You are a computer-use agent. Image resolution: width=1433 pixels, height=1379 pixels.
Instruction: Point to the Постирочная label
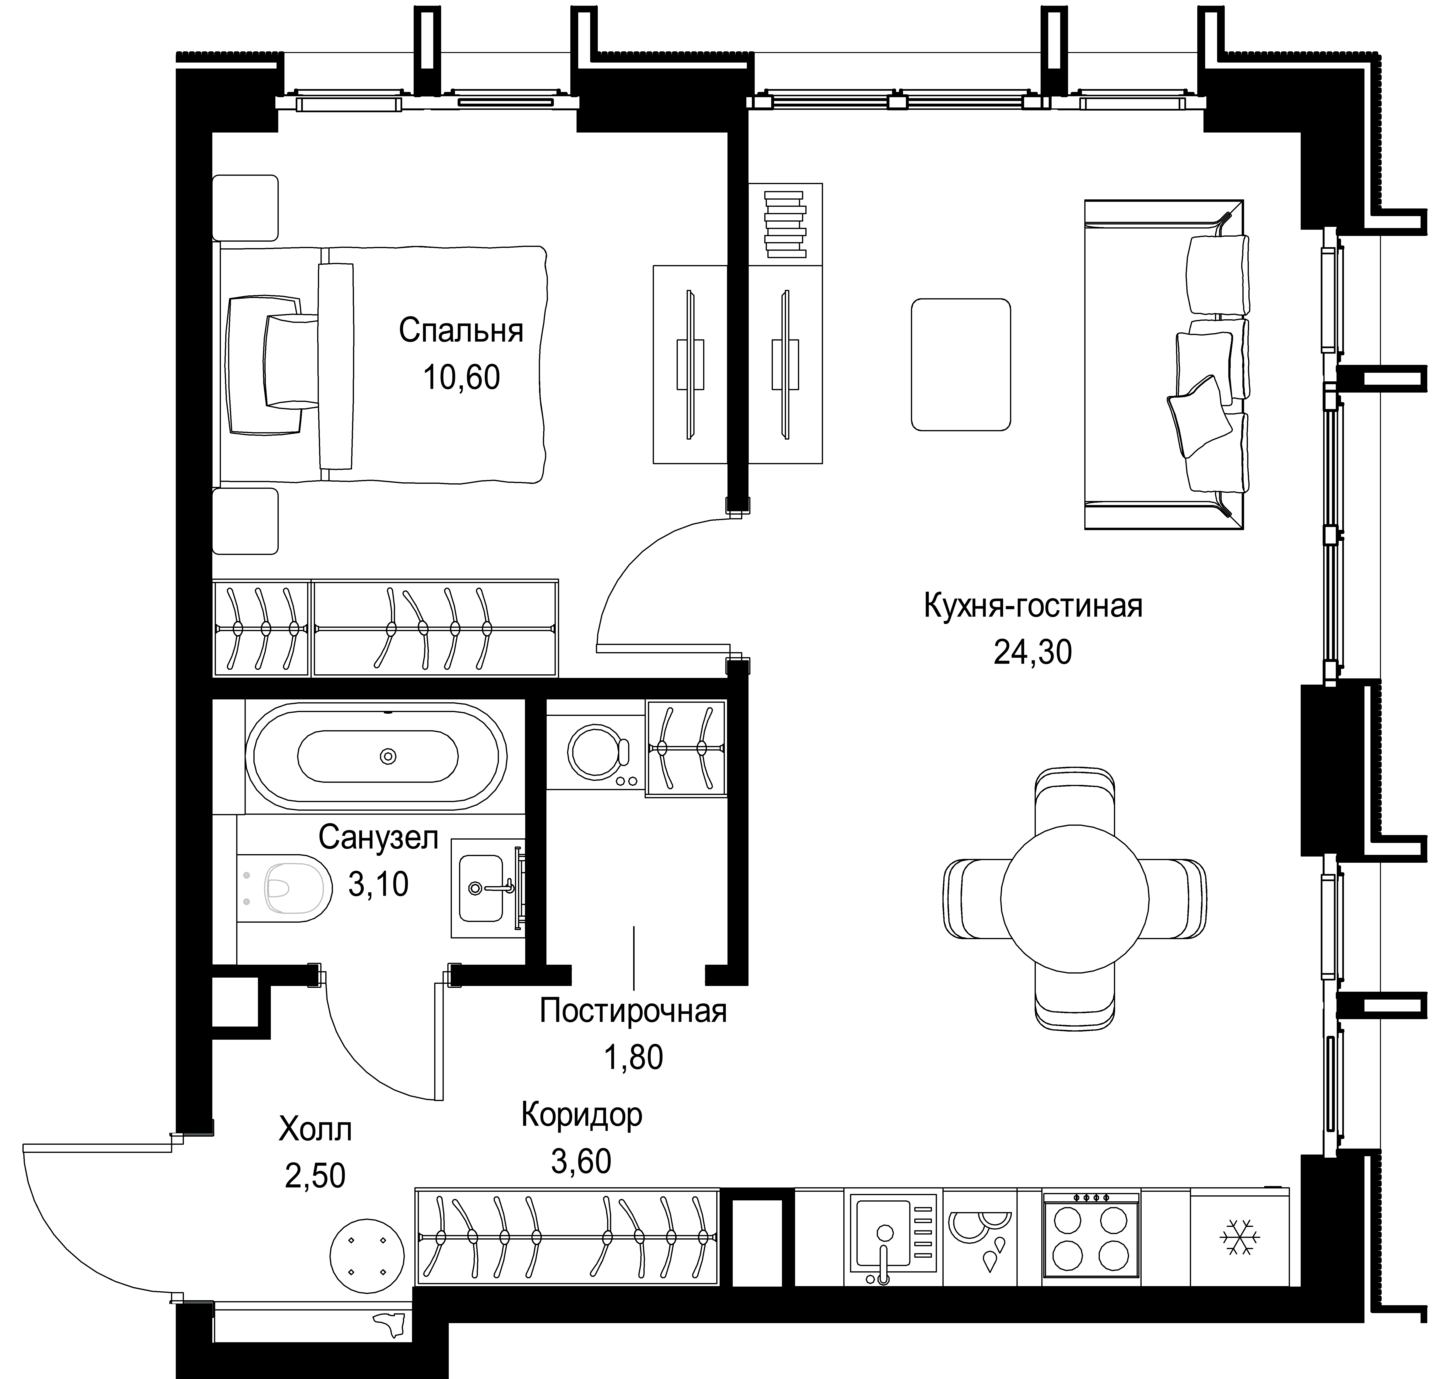click(633, 1012)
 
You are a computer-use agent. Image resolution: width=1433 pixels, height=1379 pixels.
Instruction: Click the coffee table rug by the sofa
click(961, 364)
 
